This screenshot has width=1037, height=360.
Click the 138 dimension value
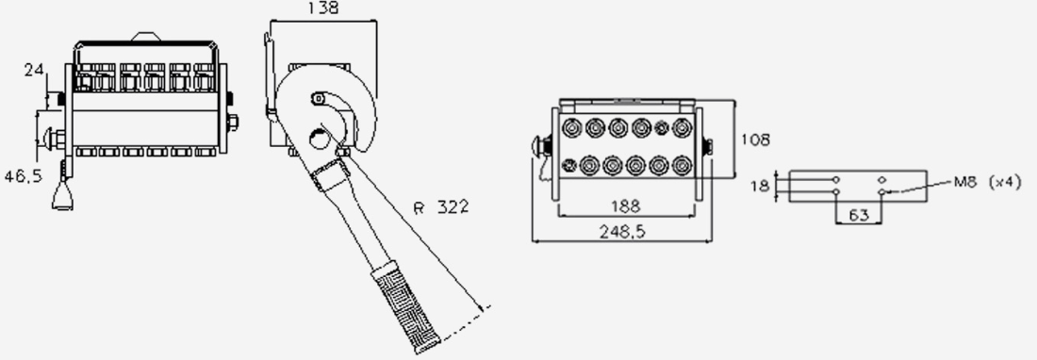point(322,8)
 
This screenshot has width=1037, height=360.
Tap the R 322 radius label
point(441,206)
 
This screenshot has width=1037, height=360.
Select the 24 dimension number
point(34,70)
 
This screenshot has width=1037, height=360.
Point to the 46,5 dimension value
point(24,176)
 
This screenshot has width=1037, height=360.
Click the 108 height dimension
point(755,139)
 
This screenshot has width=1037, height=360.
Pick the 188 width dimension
point(625,206)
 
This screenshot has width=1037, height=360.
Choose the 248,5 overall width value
point(621,231)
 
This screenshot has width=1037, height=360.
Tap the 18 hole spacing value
point(760,187)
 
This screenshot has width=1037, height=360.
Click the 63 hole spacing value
point(858,215)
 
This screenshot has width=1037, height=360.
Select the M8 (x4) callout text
point(987,182)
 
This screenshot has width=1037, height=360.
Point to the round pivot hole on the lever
point(320,139)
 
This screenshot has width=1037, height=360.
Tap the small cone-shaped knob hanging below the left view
point(62,196)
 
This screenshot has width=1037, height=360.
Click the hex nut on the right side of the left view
point(232,123)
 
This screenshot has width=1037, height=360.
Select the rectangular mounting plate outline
point(858,187)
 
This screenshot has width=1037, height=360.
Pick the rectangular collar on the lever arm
point(330,174)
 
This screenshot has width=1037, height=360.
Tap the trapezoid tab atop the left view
point(145,37)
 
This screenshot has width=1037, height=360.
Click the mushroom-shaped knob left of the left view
point(53,139)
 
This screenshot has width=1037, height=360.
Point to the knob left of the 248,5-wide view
point(542,146)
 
